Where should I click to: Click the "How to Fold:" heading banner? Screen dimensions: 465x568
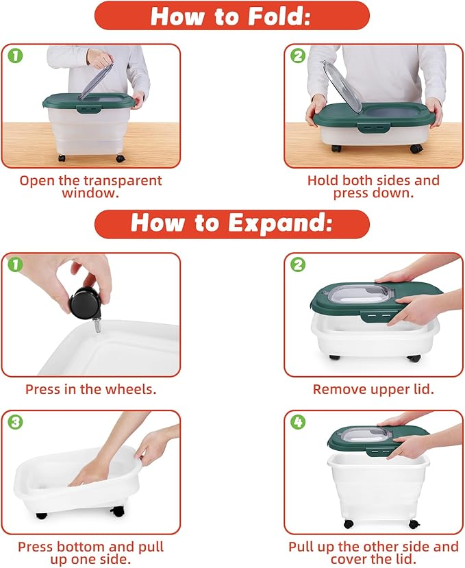231,16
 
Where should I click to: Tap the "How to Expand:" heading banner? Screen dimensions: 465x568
231,223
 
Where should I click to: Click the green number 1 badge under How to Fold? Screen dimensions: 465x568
15,55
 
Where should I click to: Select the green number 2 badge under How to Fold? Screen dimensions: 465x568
298,55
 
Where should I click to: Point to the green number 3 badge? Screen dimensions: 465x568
15,421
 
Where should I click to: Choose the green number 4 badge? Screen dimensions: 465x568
298,421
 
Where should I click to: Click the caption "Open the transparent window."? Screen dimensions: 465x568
90,186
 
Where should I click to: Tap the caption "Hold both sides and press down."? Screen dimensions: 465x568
373,186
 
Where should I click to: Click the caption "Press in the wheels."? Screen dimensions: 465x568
90,389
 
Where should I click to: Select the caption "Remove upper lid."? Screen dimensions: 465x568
373,389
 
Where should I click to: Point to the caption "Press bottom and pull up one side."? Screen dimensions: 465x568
90,553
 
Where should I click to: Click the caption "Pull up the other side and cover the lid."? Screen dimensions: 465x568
373,553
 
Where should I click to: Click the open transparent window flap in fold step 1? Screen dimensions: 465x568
96,81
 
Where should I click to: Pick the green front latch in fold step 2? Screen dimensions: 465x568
374,127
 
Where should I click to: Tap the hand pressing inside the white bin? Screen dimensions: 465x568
90,471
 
